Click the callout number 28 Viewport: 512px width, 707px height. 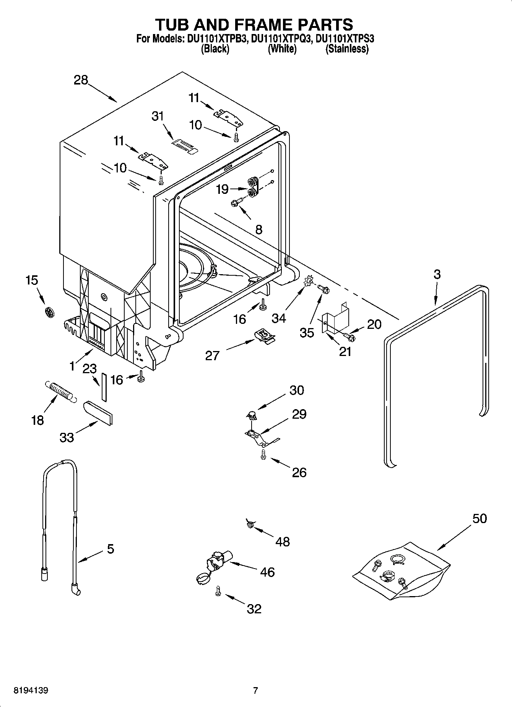(81, 80)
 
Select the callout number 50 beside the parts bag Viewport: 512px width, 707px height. (479, 518)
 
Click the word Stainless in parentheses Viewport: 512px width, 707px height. (347, 49)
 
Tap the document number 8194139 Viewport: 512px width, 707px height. (31, 691)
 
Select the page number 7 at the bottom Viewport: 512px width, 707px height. (255, 691)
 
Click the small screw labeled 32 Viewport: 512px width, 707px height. (218, 590)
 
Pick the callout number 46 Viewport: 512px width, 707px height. (267, 572)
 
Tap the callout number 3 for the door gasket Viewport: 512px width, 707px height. (437, 274)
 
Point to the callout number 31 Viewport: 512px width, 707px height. (158, 116)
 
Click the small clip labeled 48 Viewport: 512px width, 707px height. (251, 524)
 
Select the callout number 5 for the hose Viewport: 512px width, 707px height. (110, 549)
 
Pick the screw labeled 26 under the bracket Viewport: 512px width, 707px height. (263, 454)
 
